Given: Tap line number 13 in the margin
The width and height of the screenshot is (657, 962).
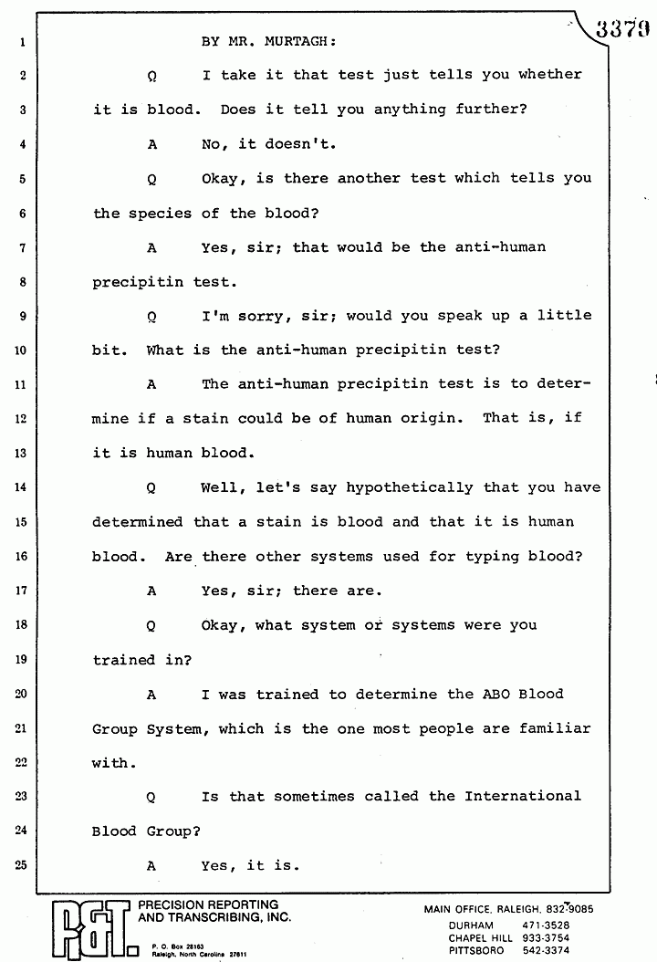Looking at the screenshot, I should pyautogui.click(x=19, y=453).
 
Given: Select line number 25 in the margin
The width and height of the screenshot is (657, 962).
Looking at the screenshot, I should pyautogui.click(x=19, y=865).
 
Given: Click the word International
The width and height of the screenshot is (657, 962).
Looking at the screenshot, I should pyautogui.click(x=523, y=796).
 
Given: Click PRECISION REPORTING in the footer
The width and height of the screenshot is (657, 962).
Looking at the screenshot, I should pyautogui.click(x=208, y=905).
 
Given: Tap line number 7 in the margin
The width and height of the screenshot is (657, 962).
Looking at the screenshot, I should pyautogui.click(x=19, y=247).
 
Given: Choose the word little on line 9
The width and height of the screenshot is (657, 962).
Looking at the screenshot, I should pyautogui.click(x=564, y=316).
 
